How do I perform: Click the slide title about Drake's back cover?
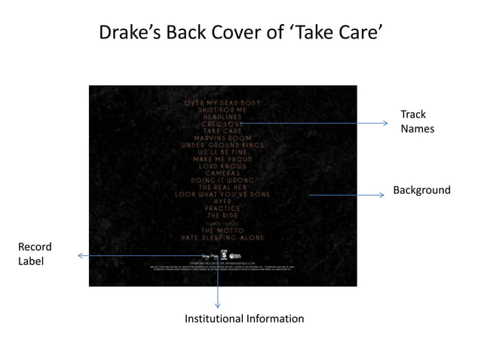coord(240,32)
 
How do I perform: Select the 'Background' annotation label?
coord(421,190)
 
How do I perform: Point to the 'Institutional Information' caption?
coord(244,319)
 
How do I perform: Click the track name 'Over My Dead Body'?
coord(222,102)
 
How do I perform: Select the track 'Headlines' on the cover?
coord(222,117)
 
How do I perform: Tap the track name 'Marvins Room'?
coord(222,138)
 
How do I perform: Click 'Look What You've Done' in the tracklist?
coord(222,194)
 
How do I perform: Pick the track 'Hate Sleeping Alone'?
coord(222,237)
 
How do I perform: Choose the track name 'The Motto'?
coord(222,230)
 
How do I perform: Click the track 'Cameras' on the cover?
coord(222,173)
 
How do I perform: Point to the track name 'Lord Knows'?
coord(222,166)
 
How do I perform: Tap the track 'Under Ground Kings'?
coord(222,145)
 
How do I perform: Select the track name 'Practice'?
coord(222,209)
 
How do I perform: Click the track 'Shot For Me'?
coord(222,109)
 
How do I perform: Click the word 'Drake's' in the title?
coord(124,32)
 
